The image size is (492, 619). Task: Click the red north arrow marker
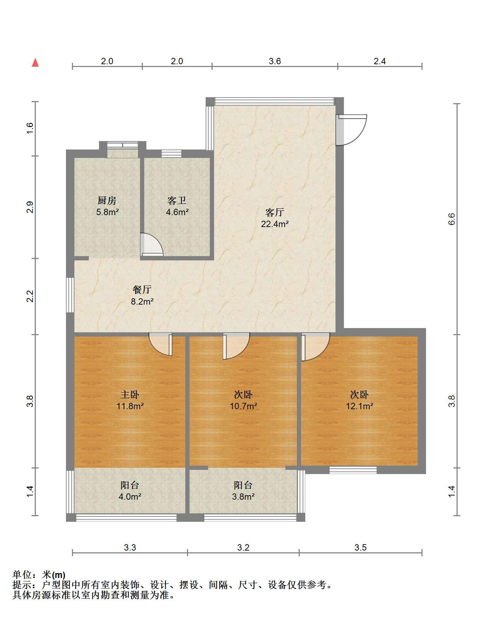(x=35, y=62)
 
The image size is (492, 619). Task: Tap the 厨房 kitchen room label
(x=107, y=201)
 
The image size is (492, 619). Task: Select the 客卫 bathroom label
(x=177, y=201)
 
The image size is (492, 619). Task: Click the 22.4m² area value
(x=275, y=224)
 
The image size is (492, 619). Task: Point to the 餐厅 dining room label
(x=142, y=289)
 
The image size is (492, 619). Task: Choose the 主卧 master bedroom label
(x=130, y=395)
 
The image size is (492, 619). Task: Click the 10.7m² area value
(x=243, y=406)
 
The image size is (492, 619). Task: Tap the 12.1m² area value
(x=359, y=406)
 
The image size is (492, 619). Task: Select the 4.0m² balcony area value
(x=130, y=497)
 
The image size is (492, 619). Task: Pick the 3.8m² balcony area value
(x=243, y=497)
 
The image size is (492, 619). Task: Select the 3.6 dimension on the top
(x=275, y=61)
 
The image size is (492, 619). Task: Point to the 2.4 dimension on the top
(x=380, y=61)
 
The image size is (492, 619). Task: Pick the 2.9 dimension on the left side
(x=31, y=207)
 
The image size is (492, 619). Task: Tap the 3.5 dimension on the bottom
(x=360, y=548)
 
